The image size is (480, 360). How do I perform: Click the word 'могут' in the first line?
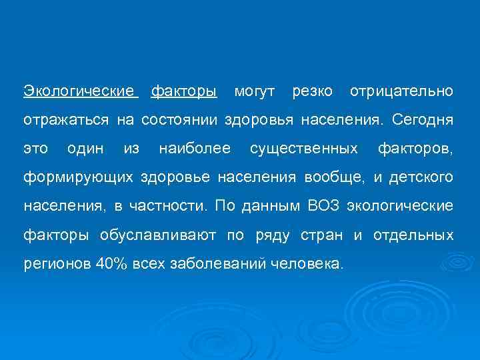(x=253, y=91)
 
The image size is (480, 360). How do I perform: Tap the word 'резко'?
(x=311, y=91)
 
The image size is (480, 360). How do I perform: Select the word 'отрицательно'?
(x=401, y=91)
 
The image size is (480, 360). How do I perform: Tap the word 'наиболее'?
(x=195, y=149)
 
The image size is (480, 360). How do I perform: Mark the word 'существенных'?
(x=303, y=149)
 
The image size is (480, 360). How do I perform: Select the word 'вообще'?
(x=334, y=178)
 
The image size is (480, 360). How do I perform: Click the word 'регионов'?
(x=57, y=264)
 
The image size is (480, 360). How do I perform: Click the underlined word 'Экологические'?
(x=81, y=91)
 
